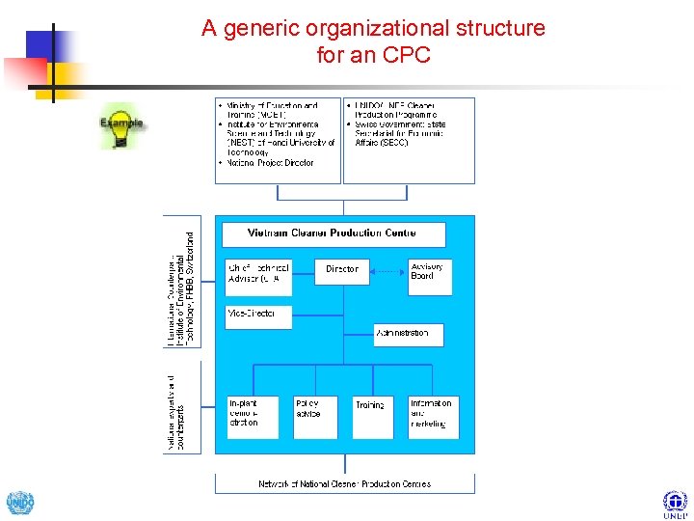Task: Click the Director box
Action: pyautogui.click(x=342, y=269)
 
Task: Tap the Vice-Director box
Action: pyautogui.click(x=258, y=316)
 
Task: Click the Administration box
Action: pyautogui.click(x=409, y=334)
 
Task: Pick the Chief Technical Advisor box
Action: pyautogui.click(x=258, y=273)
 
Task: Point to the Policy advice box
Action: pyautogui.click(x=314, y=417)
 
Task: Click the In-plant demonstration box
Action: pyautogui.click(x=253, y=417)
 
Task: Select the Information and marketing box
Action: pyautogui.click(x=433, y=417)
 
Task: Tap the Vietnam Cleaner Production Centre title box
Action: pyautogui.click(x=334, y=233)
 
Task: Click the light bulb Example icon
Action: pyautogui.click(x=120, y=130)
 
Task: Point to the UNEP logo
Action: pyautogui.click(x=675, y=503)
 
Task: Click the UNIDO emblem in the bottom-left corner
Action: pyautogui.click(x=19, y=504)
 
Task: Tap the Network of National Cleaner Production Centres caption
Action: pyautogui.click(x=344, y=483)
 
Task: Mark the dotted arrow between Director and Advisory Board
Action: pyautogui.click(x=387, y=270)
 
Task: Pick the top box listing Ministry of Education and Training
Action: pyautogui.click(x=278, y=140)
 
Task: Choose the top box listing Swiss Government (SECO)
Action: pyautogui.click(x=409, y=140)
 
